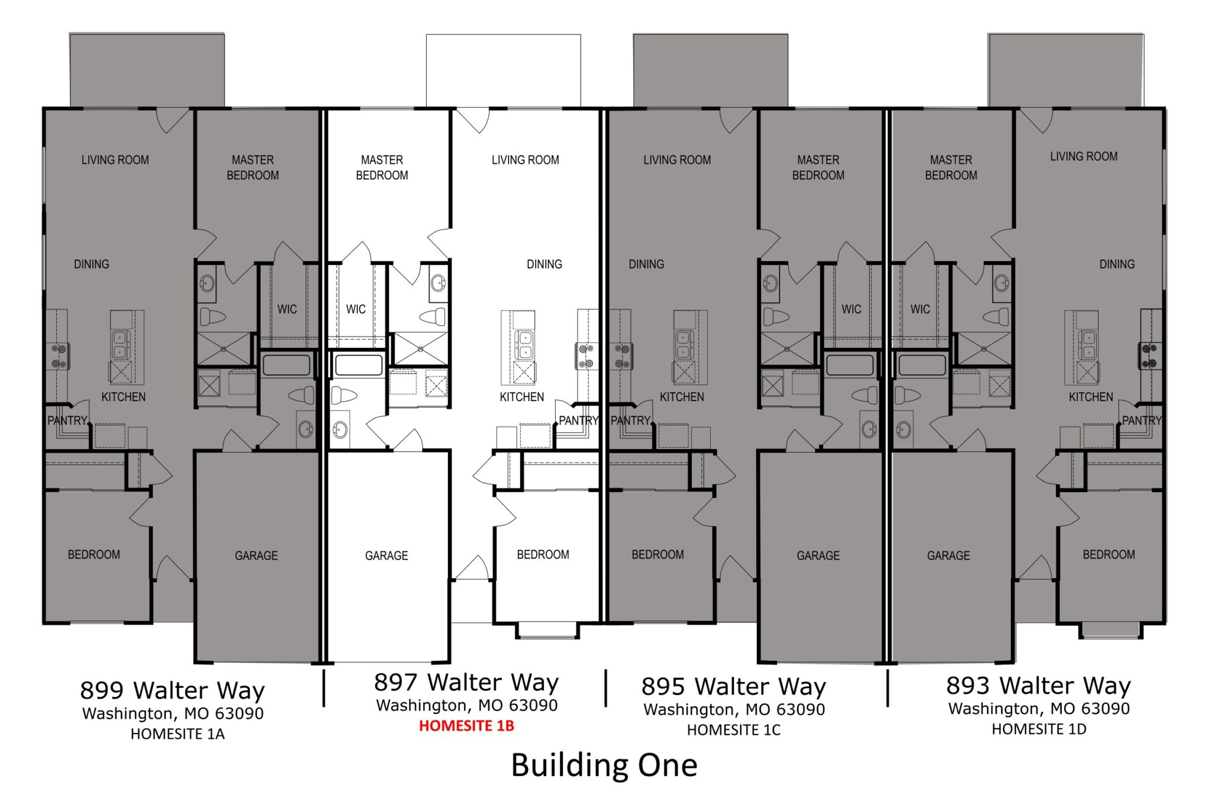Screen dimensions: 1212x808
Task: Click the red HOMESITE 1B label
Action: (x=466, y=726)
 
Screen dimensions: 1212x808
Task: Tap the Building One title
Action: (x=604, y=765)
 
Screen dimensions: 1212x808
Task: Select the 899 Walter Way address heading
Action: (x=172, y=690)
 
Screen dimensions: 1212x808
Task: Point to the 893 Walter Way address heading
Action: (x=1039, y=686)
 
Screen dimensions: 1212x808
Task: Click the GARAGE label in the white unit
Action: (x=386, y=555)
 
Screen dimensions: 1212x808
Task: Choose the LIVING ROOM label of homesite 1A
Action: (x=115, y=160)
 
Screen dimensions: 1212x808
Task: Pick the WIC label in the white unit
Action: (x=356, y=309)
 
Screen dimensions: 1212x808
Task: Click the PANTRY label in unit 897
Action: (x=578, y=421)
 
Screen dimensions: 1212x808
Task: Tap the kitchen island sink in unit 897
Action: (x=524, y=344)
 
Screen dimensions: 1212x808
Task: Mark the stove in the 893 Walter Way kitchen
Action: (x=1150, y=355)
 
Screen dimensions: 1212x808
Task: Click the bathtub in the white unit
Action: (x=359, y=365)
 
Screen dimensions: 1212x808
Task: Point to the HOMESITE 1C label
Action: (x=733, y=731)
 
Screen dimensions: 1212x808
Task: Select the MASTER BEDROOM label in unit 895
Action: (x=818, y=167)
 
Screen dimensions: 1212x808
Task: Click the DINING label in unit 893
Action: (x=1117, y=264)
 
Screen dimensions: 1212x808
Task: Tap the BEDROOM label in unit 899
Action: (x=94, y=555)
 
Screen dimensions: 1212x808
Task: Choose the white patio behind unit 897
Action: (x=504, y=70)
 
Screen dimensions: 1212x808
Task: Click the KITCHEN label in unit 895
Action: (x=682, y=397)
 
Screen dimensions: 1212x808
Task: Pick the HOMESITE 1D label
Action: (x=1039, y=729)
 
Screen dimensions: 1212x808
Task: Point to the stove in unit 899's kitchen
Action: (x=57, y=355)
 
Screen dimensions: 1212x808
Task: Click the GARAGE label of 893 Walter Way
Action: (x=949, y=555)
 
